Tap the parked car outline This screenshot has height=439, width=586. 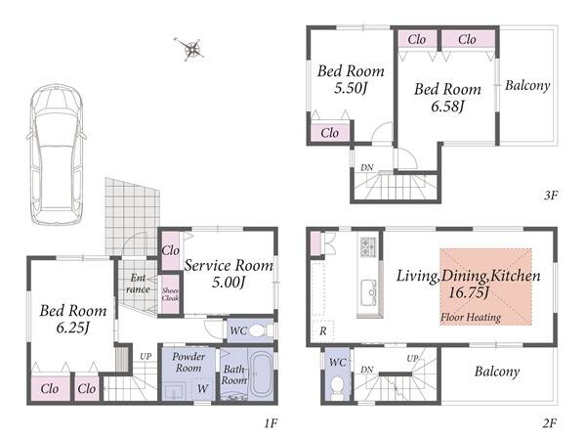point(57,154)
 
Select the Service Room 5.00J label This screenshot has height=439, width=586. point(229,274)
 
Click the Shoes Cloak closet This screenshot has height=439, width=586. point(170,294)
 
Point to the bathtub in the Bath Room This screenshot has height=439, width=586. point(262,374)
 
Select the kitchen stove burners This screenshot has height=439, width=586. point(368,247)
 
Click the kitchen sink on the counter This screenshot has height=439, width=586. point(370,289)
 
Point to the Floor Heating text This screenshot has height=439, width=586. point(471,318)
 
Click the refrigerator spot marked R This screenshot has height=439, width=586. point(323,330)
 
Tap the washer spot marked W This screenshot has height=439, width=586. point(202,389)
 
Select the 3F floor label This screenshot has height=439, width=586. point(551,195)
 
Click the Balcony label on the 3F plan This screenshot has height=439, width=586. point(527,86)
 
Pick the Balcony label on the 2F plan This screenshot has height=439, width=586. point(497,372)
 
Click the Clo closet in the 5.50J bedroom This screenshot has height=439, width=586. point(330,133)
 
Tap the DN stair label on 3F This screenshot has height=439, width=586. point(367,168)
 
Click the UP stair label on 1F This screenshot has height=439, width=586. point(146,357)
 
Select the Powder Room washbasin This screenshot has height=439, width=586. point(175,391)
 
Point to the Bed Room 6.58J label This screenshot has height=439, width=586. point(447,98)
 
